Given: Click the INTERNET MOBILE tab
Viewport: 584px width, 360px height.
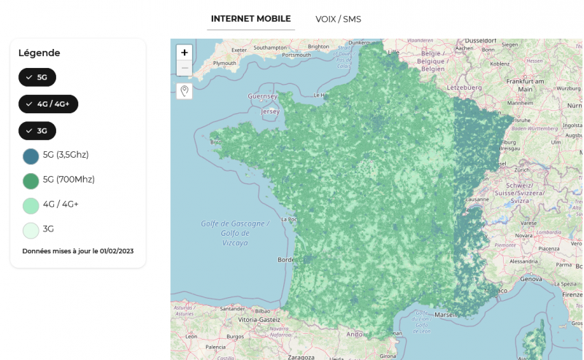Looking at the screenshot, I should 250,19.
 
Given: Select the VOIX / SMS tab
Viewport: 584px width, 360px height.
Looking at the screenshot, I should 338,19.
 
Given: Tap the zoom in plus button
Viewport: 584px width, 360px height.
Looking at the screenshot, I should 185,53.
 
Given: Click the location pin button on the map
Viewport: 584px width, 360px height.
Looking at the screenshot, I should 185,91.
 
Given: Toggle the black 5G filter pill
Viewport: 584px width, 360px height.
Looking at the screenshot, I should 37,77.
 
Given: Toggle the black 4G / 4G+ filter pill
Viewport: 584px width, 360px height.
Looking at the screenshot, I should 48,104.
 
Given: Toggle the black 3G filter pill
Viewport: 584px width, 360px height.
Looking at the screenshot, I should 37,131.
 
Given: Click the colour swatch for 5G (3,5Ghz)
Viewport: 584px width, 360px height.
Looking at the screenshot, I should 31,156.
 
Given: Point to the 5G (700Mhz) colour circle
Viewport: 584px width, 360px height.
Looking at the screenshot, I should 31,180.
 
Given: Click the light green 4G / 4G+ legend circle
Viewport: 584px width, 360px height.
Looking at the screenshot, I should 31,205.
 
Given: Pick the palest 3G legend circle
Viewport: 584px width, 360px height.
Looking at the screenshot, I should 31,230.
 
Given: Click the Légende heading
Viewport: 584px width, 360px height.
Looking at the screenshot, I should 39,53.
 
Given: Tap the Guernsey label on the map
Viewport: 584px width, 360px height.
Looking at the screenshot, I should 263,96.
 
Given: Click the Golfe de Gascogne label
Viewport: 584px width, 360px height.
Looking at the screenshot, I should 235,223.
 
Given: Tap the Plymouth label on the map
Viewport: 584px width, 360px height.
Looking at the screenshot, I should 224,64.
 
